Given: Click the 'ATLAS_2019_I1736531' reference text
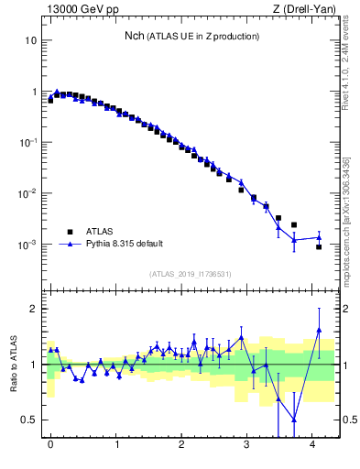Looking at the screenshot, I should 191,274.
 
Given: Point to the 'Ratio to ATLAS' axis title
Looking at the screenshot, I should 16,364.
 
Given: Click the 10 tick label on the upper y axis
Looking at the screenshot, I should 30,40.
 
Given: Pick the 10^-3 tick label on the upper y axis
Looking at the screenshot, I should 27,245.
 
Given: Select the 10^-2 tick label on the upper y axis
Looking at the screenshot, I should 27,193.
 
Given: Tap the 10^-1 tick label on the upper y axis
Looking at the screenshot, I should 27,143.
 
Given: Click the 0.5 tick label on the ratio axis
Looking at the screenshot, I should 29,420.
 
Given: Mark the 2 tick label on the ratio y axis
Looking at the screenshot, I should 33,309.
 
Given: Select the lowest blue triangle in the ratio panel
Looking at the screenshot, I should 294,420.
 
